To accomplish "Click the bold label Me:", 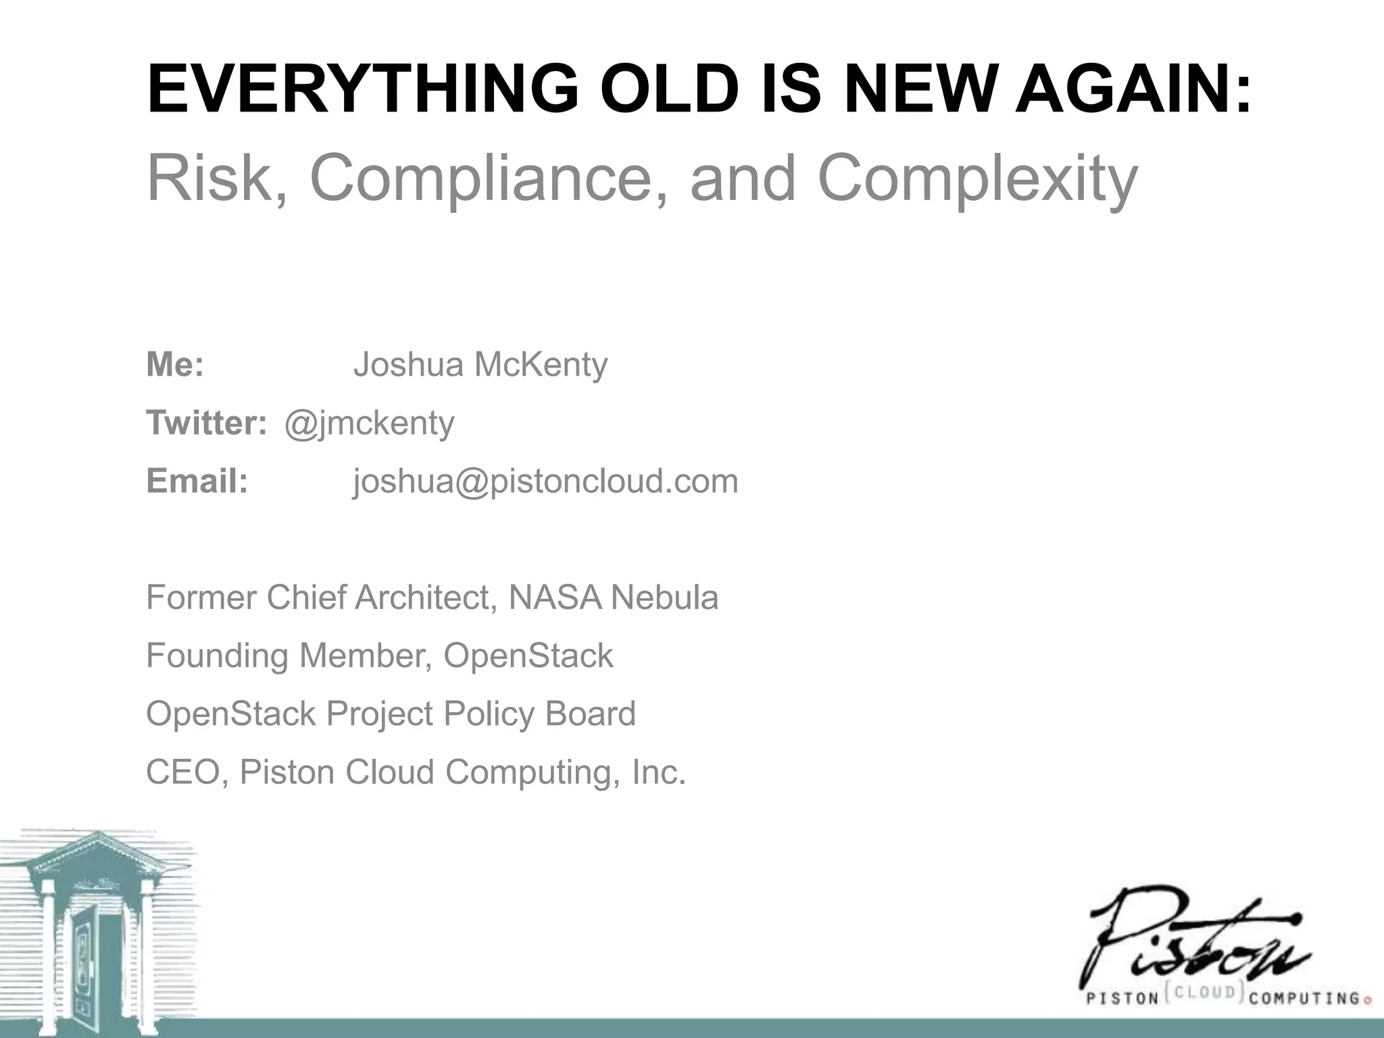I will tap(175, 365).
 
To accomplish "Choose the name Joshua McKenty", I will tap(480, 365).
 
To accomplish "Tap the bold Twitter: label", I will tap(206, 423).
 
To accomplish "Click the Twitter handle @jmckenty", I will tap(369, 424).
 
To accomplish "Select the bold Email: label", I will tap(197, 481).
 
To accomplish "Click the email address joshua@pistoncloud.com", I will tap(545, 481).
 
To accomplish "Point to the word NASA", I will tap(554, 597).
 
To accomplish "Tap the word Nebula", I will tap(664, 597).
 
